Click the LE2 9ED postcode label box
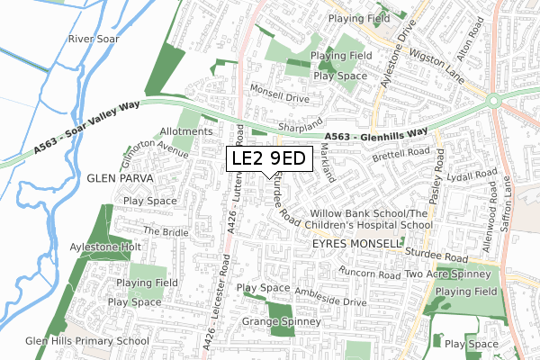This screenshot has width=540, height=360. click(x=269, y=159)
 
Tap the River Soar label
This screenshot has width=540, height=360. click(x=94, y=40)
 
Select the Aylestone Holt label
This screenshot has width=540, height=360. click(x=105, y=246)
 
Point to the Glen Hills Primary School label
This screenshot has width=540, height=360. click(x=87, y=341)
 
